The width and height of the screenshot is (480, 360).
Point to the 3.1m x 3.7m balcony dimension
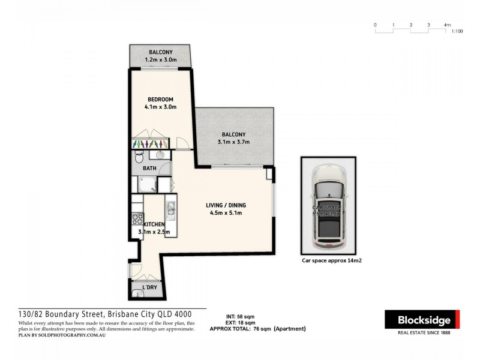tap(233, 142)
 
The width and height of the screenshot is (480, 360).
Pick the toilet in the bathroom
tap(138, 158)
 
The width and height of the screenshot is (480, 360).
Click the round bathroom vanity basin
tap(161, 155)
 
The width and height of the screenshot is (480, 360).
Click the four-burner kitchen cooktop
tap(137, 218)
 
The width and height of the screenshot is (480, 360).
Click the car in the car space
tap(328, 207)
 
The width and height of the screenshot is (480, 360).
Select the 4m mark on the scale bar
tap(447, 25)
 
